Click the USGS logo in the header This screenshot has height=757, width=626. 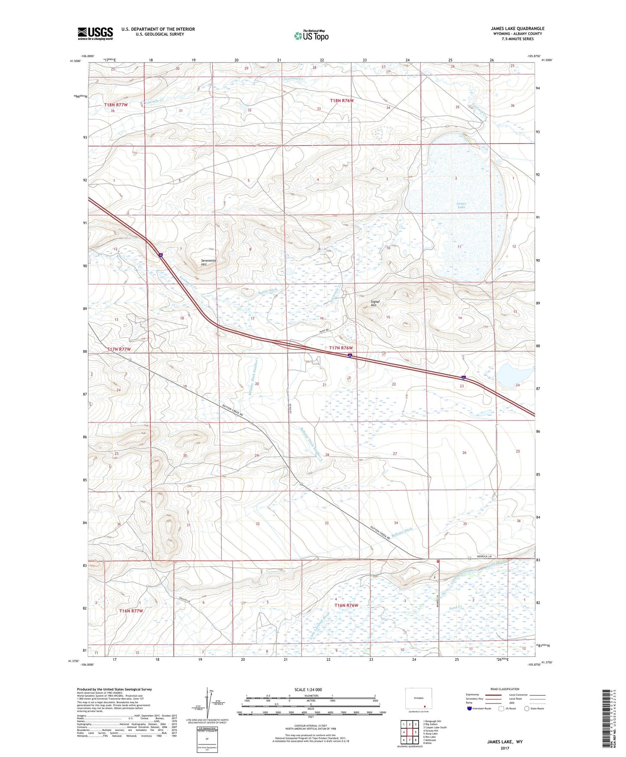pos(95,33)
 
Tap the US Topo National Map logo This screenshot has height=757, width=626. pos(311,35)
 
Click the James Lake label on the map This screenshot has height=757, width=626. pos(461,205)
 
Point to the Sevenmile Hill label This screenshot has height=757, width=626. pos(208,262)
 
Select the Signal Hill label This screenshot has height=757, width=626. pos(375,303)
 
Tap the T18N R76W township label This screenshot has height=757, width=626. pos(342,101)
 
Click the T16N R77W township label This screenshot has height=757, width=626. pos(131,610)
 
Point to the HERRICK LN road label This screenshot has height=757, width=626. pos(484,556)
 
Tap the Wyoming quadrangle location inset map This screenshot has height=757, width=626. pos(418,699)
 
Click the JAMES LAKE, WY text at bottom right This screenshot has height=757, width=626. pos(504,742)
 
